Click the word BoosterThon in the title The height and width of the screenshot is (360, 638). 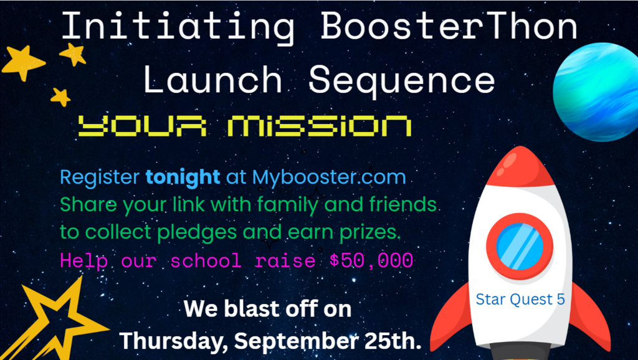449,26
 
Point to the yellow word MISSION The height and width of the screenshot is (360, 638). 319,125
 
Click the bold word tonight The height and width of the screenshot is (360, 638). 183,178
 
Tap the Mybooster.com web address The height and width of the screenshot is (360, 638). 329,178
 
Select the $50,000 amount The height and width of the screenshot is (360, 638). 371,260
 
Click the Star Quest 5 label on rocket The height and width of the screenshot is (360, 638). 520,300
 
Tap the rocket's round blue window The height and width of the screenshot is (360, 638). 520,247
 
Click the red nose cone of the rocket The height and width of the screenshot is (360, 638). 520,167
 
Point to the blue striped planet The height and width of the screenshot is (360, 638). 596,92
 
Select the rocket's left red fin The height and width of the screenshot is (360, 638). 452,317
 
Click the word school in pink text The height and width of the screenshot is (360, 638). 206,260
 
